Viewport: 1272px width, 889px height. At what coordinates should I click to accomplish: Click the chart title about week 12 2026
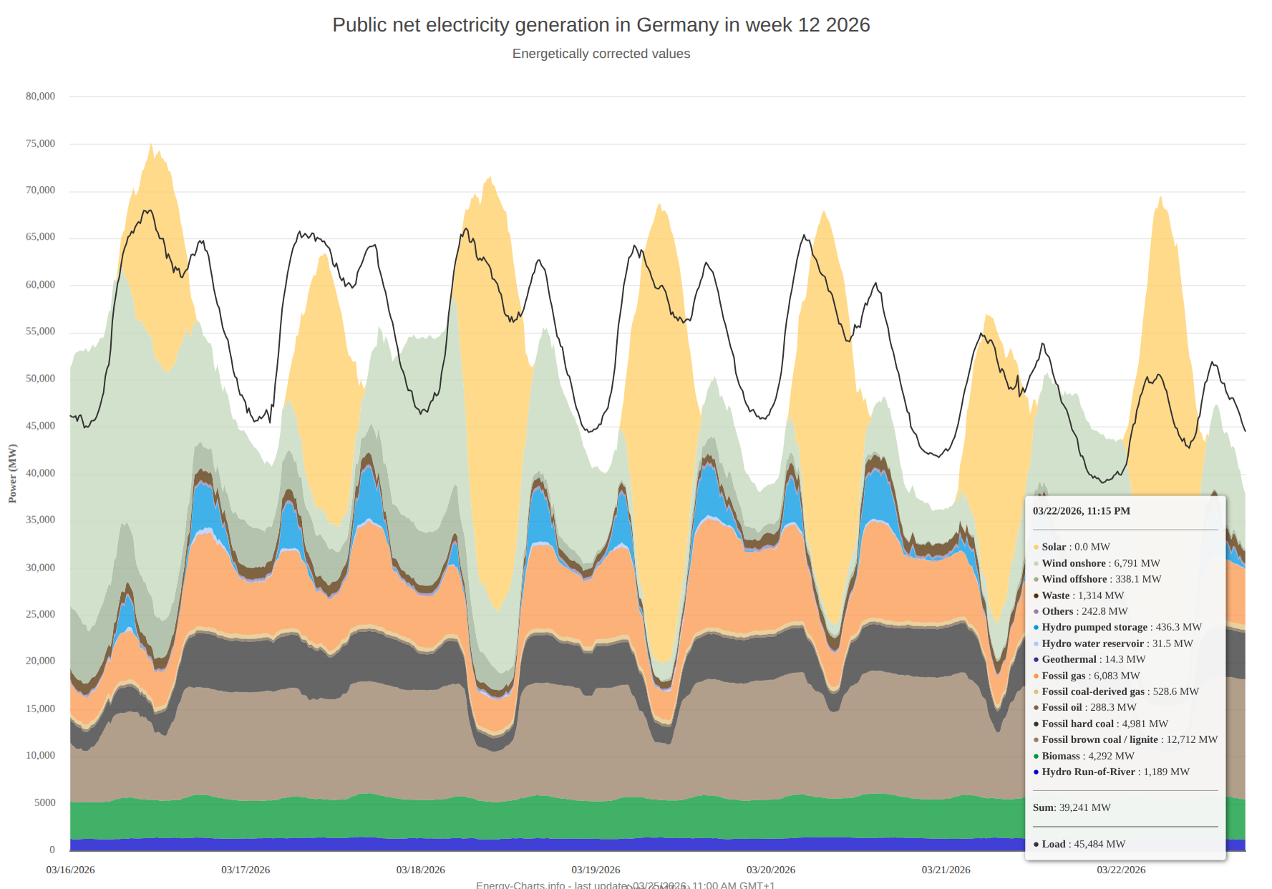(x=601, y=25)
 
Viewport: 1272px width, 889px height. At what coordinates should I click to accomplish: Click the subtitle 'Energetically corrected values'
(x=601, y=54)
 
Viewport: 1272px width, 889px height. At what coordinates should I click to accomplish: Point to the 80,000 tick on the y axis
(x=41, y=96)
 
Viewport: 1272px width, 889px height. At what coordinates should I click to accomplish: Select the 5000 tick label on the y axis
(x=45, y=802)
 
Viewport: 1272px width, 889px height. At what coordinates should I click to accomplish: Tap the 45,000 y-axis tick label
(x=41, y=426)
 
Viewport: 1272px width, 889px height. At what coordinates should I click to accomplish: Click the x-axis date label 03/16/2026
(x=71, y=870)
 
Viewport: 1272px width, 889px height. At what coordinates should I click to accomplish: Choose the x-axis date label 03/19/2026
(x=596, y=870)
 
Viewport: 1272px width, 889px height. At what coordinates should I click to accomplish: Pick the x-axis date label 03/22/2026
(x=1121, y=870)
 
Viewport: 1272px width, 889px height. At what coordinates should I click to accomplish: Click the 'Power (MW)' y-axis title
(x=12, y=473)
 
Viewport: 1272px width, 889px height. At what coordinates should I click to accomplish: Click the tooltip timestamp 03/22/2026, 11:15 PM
(x=1081, y=511)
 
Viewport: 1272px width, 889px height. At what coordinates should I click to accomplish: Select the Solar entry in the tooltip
(x=1072, y=547)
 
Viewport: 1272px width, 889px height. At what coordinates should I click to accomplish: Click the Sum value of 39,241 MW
(x=1084, y=807)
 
